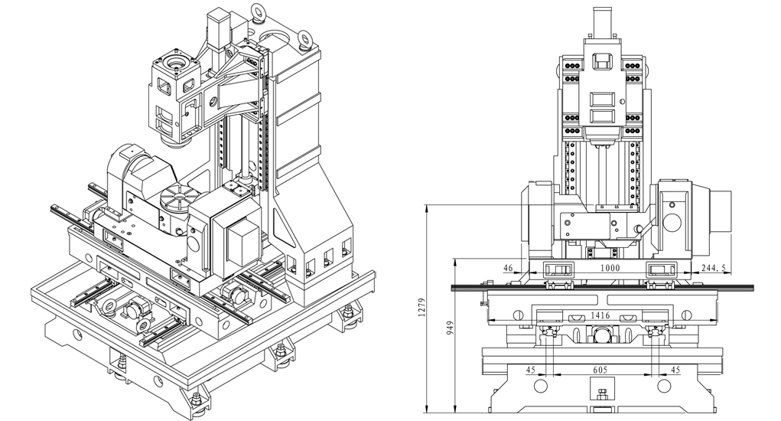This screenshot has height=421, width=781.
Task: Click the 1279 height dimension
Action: pyautogui.click(x=422, y=308)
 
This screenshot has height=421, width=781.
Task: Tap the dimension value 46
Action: pyautogui.click(x=508, y=268)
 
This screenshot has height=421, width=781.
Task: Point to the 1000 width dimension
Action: pyautogui.click(x=610, y=268)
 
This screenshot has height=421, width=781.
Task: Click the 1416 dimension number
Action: pyautogui.click(x=600, y=315)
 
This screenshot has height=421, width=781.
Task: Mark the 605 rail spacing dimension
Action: pyautogui.click(x=600, y=370)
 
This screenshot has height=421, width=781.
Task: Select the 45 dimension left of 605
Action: pyautogui.click(x=530, y=370)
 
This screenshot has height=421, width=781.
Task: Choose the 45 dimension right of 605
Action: pyautogui.click(x=675, y=370)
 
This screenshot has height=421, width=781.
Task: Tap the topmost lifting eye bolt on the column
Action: pyautogui.click(x=258, y=11)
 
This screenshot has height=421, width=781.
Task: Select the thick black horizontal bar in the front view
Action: pyautogui.click(x=602, y=288)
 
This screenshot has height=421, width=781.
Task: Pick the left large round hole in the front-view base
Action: pyautogui.click(x=540, y=386)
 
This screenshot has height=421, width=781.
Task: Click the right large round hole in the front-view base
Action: pyautogui.click(x=664, y=386)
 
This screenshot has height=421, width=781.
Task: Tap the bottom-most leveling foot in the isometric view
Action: pyautogui.click(x=198, y=402)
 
